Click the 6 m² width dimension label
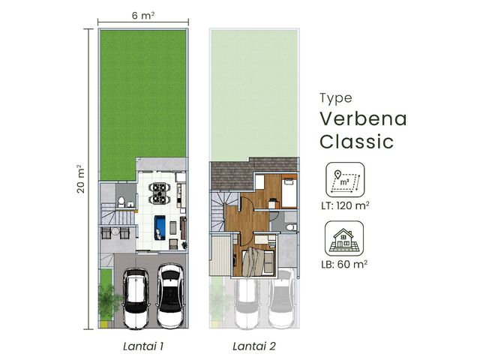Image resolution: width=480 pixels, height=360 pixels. click(143, 15)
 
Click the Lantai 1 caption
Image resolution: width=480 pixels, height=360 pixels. click(143, 346)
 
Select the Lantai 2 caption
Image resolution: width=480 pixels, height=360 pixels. click(254, 346)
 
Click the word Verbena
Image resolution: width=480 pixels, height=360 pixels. click(363, 118)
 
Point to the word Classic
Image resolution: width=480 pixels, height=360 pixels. click(357, 142)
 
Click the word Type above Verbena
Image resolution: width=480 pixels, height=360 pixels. click(336, 98)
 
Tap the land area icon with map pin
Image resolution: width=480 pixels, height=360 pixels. click(345, 180)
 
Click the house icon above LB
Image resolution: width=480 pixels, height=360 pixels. click(344, 238)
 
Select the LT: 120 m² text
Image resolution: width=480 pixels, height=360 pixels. click(345, 205)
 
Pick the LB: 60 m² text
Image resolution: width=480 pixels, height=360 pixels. click(344, 264)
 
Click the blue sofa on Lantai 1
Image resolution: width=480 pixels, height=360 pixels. click(160, 227)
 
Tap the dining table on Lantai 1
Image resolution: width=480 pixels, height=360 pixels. click(160, 193)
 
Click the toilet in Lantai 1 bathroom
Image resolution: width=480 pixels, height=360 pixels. click(121, 202)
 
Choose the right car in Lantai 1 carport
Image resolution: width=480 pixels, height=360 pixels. click(170, 295)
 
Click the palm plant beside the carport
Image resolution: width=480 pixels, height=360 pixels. click(108, 301)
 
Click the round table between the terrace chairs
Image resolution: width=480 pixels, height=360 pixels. click(115, 232)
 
